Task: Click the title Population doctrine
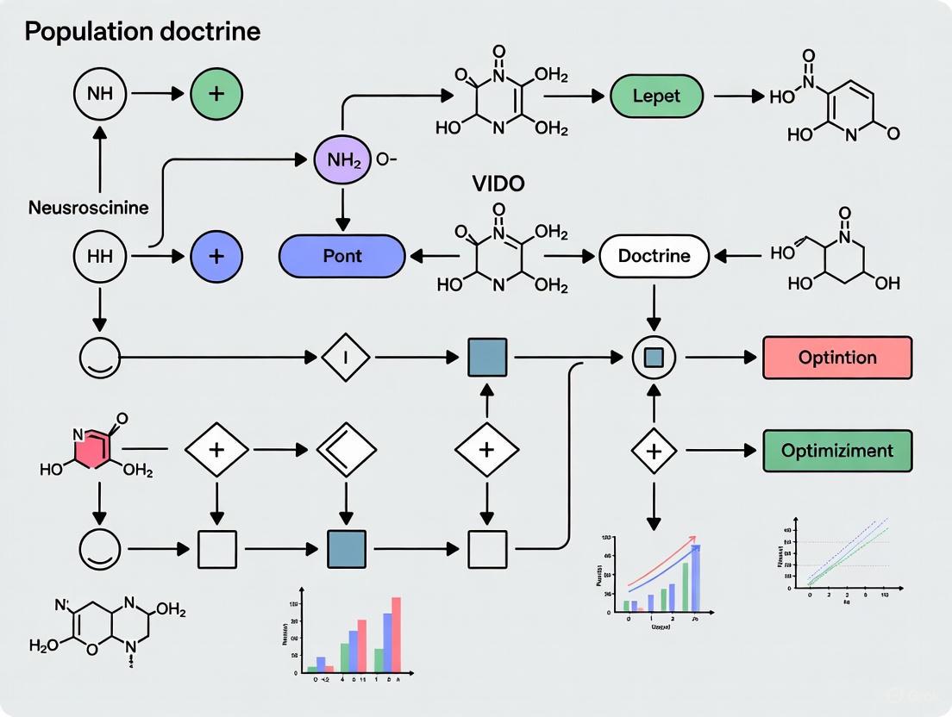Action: [142, 33]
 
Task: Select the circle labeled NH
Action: [101, 92]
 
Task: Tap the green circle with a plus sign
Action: [216, 92]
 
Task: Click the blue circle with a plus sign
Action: [216, 256]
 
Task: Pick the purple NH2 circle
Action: [342, 160]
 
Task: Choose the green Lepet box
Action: [657, 96]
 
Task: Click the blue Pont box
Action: [341, 256]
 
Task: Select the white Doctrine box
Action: [654, 256]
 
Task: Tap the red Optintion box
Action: [837, 358]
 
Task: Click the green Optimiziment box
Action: [837, 451]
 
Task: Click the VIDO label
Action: [498, 184]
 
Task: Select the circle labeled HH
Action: [101, 256]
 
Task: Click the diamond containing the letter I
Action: [345, 357]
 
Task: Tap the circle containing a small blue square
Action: [654, 357]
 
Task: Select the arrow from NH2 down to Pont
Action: [342, 208]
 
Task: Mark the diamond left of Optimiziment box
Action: [654, 450]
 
